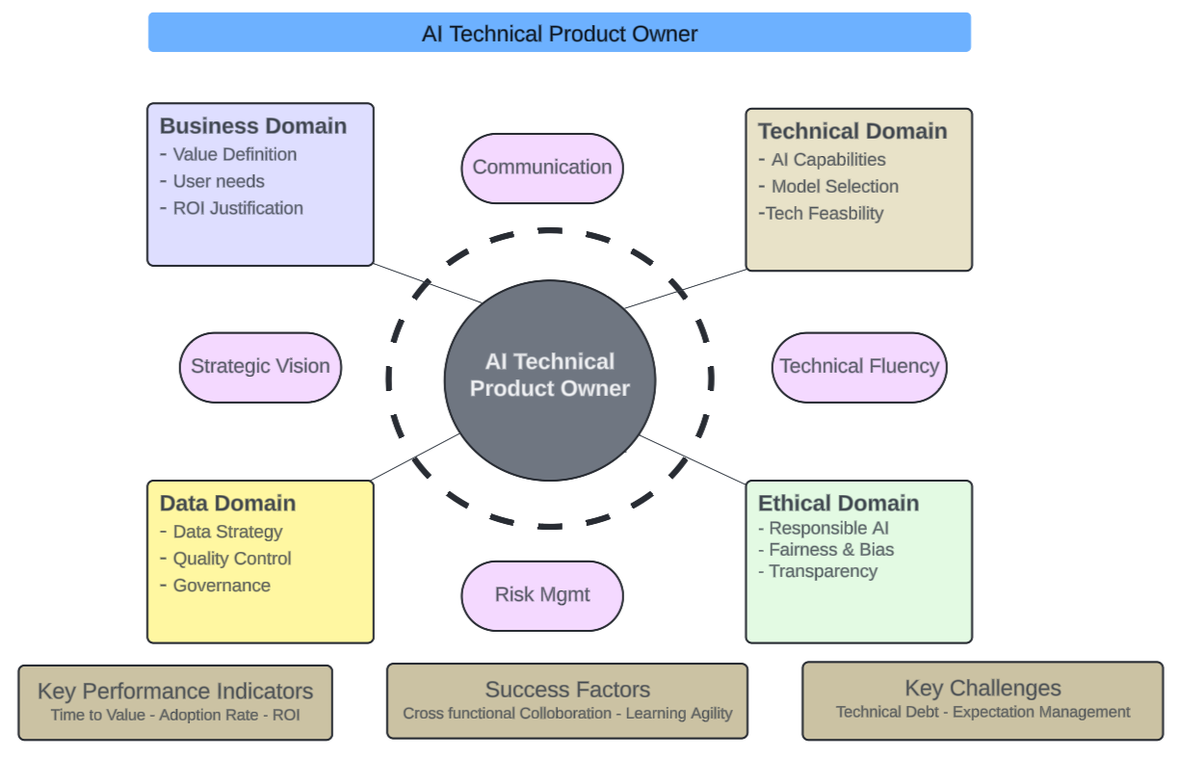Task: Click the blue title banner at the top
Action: pos(559,33)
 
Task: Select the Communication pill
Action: pos(542,168)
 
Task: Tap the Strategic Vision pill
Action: pos(260,367)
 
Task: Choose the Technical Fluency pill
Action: pos(858,367)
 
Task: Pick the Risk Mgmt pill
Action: pos(542,594)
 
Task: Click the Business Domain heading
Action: pos(252,126)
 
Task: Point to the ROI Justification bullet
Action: pos(237,208)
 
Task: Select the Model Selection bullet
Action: pos(834,187)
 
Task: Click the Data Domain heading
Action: pos(227,504)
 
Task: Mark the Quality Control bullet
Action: pos(231,559)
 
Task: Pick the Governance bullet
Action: pos(222,586)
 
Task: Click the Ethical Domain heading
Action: pos(838,504)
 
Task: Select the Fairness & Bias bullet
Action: pos(830,550)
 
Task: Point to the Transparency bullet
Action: pos(823,571)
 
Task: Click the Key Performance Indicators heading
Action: pos(175,692)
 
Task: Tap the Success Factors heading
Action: pos(567,690)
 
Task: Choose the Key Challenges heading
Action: pos(983,689)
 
